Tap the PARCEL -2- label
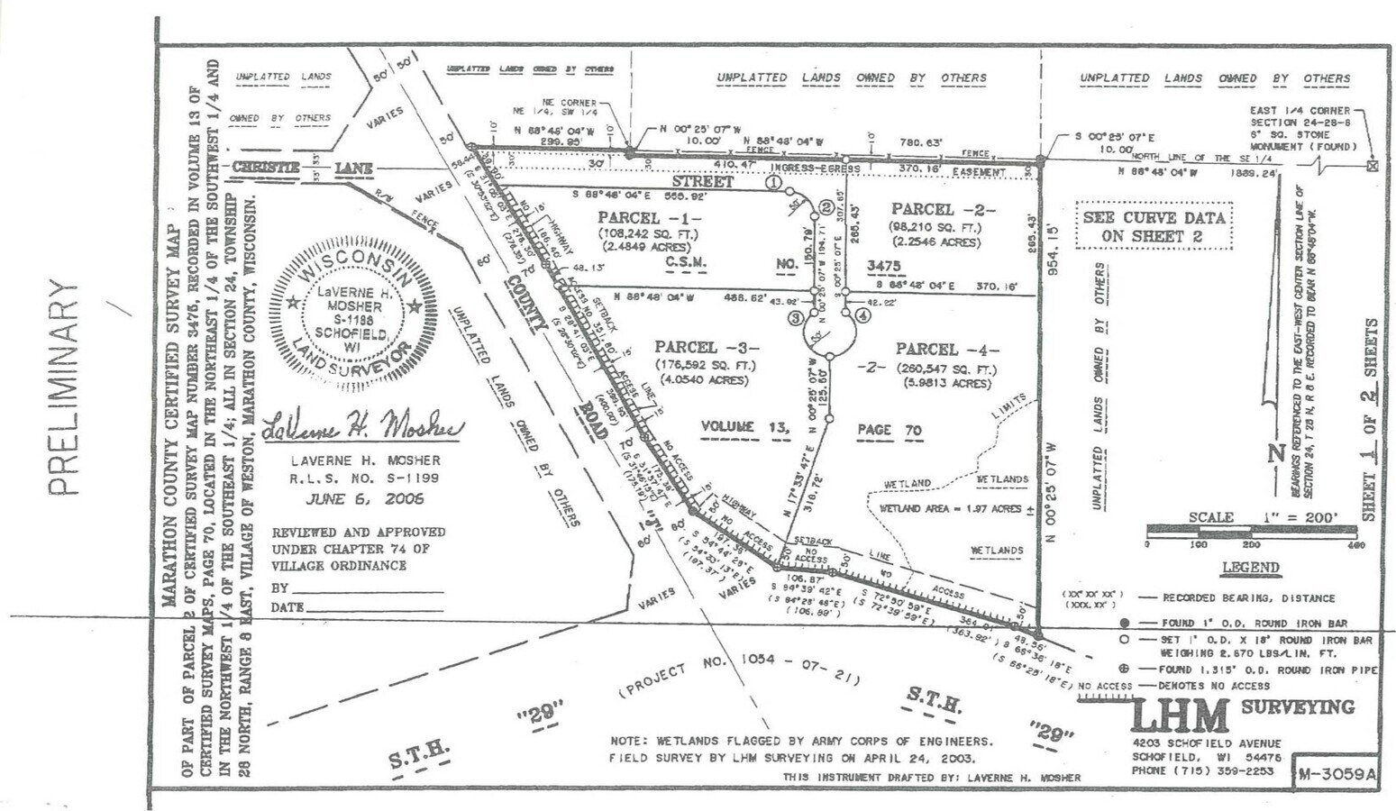(x=943, y=210)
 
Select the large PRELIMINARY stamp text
(x=65, y=387)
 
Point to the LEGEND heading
(x=1250, y=568)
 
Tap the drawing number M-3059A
(x=1337, y=773)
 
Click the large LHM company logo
(x=1180, y=716)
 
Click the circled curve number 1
(x=773, y=181)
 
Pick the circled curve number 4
(x=862, y=316)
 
